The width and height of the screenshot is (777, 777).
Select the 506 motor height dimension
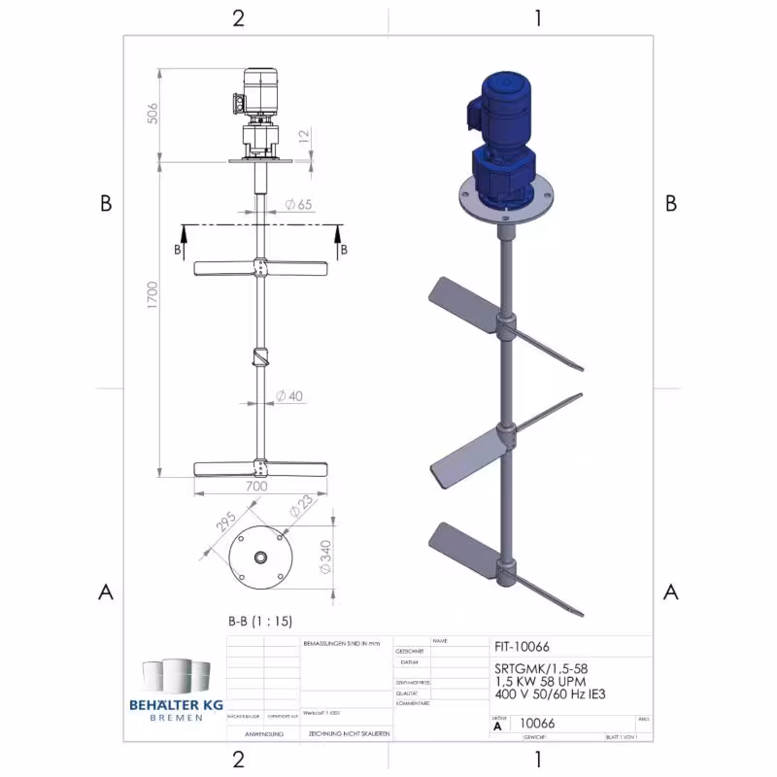[152, 114]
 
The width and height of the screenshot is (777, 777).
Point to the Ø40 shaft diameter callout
[289, 396]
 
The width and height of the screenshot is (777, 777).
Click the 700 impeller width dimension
[256, 485]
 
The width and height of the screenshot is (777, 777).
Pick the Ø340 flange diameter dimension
[326, 556]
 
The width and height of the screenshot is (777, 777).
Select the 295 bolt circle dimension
[224, 524]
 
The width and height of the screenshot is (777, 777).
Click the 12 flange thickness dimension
[305, 136]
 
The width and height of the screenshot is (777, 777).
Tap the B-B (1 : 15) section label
[259, 621]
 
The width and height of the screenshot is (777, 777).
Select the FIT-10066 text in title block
[524, 645]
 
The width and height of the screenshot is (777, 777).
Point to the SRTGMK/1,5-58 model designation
[541, 668]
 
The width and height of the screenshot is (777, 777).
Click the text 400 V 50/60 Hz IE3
[550, 693]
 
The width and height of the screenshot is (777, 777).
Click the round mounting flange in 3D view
[504, 205]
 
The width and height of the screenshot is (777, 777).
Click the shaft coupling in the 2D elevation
[259, 356]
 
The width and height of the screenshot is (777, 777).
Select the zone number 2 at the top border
[237, 17]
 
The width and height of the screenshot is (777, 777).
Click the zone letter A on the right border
[670, 591]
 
